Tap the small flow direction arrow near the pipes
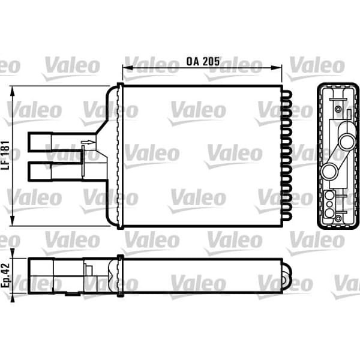coord(87,142)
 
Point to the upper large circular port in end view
coord(346,143)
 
